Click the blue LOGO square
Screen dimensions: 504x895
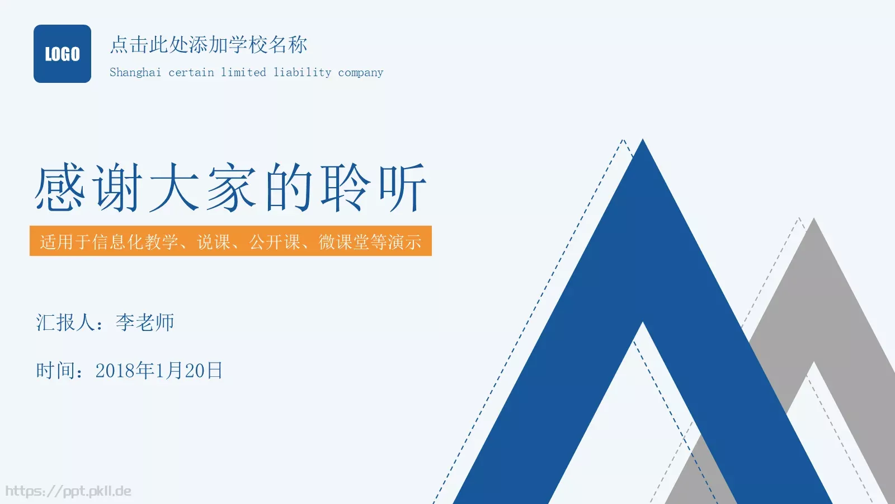click(62, 54)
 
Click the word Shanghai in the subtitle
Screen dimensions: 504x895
click(135, 72)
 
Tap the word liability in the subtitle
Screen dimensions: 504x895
click(302, 72)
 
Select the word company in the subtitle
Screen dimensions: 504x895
click(361, 73)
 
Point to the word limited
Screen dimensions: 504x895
click(243, 72)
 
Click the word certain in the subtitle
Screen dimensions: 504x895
click(191, 72)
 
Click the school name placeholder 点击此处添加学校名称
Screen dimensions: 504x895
click(209, 45)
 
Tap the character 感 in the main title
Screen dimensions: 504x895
click(60, 188)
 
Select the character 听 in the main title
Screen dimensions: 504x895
click(403, 188)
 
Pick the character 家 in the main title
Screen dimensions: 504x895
click(232, 188)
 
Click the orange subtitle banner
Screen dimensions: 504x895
click(230, 241)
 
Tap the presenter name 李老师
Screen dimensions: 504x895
click(145, 323)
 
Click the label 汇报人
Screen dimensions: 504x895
click(65, 323)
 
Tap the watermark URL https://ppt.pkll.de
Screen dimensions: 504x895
click(68, 491)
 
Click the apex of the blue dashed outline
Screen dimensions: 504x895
click(623, 141)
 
